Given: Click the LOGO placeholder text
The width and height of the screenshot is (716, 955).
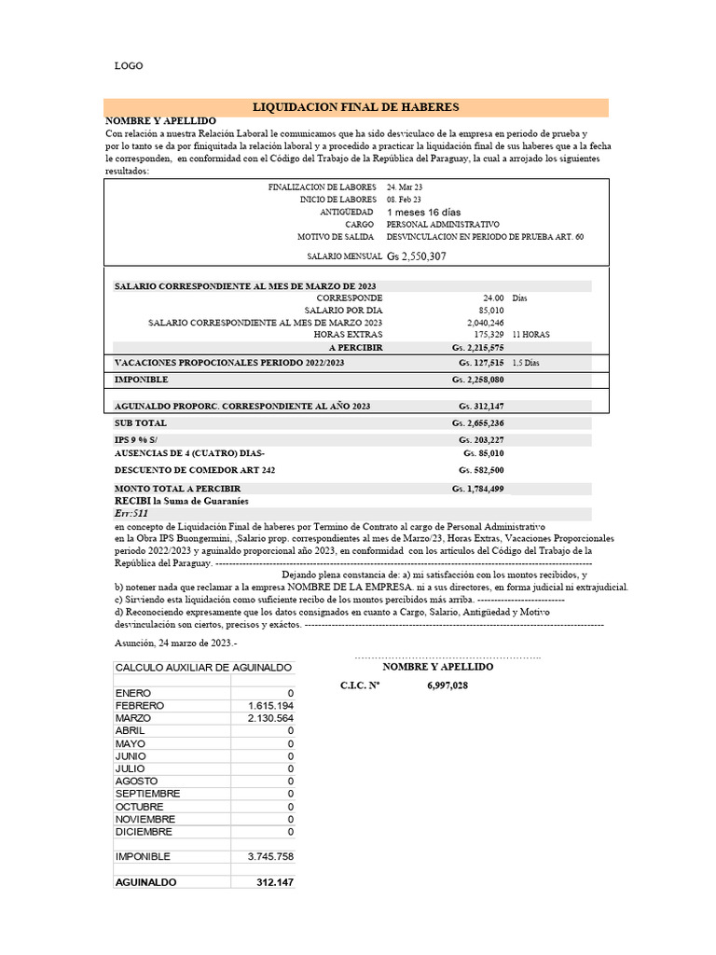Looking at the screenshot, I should pyautogui.click(x=129, y=66).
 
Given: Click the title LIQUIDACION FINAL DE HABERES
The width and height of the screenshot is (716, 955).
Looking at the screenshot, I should pyautogui.click(x=356, y=107).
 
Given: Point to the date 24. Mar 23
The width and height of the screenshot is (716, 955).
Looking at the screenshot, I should pyautogui.click(x=405, y=187).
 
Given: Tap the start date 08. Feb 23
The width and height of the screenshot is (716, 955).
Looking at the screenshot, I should pyautogui.click(x=404, y=200).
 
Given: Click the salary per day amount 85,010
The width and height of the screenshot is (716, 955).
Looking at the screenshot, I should pyautogui.click(x=490, y=311).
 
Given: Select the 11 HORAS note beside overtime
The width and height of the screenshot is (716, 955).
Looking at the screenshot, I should pyautogui.click(x=530, y=334).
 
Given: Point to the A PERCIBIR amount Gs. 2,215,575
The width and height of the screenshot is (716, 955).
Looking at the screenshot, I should pyautogui.click(x=477, y=347).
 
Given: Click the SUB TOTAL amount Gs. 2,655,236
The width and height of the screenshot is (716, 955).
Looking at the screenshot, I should pyautogui.click(x=478, y=423).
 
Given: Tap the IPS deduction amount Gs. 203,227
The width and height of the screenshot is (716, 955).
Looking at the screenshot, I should pyautogui.click(x=481, y=440).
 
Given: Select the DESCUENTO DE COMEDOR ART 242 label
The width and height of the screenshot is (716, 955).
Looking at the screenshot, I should pyautogui.click(x=194, y=470).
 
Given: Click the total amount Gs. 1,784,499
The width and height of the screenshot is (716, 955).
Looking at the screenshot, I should pyautogui.click(x=478, y=489).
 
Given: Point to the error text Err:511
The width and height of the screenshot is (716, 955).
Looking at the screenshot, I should pyautogui.click(x=131, y=514).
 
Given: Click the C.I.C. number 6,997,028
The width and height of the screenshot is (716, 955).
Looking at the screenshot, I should pyautogui.click(x=447, y=685).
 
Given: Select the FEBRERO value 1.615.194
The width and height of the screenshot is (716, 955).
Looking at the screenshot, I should pyautogui.click(x=270, y=706).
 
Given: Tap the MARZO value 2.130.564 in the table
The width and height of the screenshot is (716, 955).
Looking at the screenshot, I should pyautogui.click(x=270, y=719).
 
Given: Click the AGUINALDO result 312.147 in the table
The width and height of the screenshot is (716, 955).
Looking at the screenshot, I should pyautogui.click(x=275, y=881).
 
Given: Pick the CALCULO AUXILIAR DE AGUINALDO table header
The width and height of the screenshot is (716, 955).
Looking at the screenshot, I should pyautogui.click(x=203, y=668).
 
